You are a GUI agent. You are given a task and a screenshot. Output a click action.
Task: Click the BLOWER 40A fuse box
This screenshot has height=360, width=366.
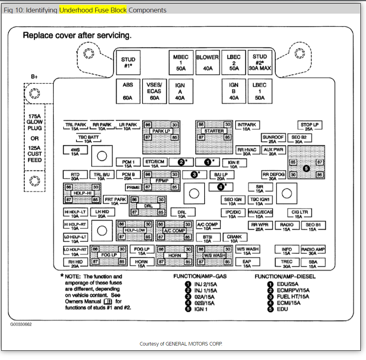(207, 63)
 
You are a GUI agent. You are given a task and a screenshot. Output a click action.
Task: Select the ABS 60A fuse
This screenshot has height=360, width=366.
(128, 91)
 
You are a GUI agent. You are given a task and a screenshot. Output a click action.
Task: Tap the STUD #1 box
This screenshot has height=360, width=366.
(128, 63)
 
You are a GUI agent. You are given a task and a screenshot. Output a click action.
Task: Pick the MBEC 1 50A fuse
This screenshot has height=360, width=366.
(181, 63)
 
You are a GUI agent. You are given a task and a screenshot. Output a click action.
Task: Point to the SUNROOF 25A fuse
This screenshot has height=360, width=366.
(273, 139)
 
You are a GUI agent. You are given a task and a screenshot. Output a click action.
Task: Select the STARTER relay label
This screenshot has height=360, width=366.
(214, 131)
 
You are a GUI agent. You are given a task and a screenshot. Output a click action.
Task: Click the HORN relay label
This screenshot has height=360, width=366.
(175, 255)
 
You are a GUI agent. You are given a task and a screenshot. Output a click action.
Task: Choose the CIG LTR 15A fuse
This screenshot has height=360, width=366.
(299, 214)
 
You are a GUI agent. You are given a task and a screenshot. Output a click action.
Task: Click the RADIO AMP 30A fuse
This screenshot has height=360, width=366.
(313, 251)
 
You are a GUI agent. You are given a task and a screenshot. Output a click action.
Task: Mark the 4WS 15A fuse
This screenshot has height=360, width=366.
(75, 151)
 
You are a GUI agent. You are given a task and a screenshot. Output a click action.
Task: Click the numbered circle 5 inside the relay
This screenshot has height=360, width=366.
(306, 168)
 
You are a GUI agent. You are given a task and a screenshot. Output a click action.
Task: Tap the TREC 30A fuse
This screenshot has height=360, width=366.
(287, 263)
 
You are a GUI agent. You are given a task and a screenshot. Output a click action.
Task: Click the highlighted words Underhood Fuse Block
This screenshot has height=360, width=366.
(93, 10)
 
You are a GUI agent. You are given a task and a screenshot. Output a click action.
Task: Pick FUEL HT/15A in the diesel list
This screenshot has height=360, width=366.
(293, 297)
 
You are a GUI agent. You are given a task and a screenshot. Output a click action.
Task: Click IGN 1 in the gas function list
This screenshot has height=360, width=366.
(201, 309)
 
